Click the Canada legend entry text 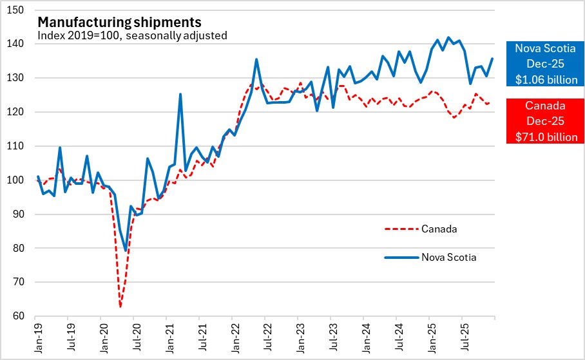click(439, 228)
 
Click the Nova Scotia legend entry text click(450, 257)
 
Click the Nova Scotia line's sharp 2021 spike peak click(180, 94)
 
